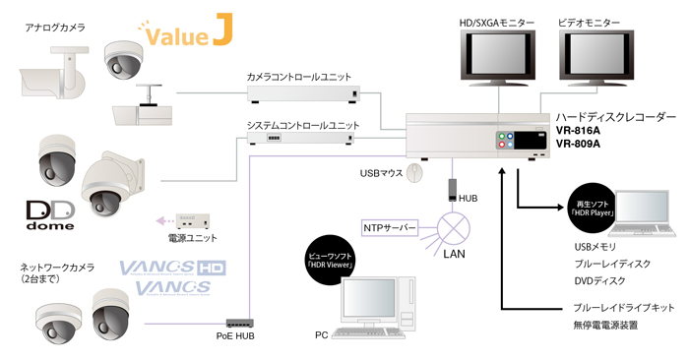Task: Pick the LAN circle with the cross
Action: coord(455,229)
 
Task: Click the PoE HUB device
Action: coord(241,323)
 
